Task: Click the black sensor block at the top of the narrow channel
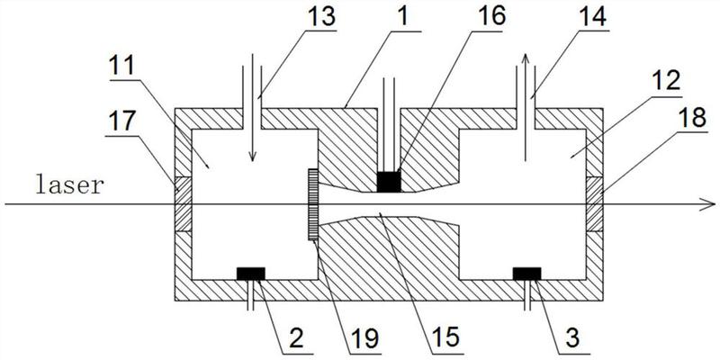388,182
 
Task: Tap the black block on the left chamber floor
249,273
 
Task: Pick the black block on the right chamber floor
526,273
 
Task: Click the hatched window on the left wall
179,204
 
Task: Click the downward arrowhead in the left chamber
252,157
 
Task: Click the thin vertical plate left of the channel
312,204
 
